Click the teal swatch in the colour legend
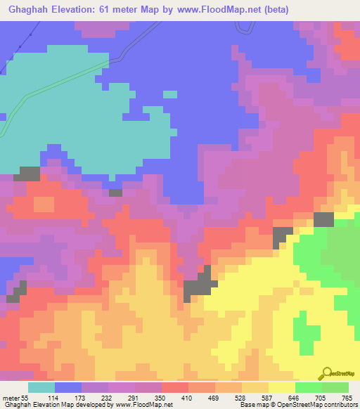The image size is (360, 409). tap(41, 387)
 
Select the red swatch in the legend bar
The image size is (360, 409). tap(174, 387)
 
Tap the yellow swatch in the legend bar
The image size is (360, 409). tap(281, 387)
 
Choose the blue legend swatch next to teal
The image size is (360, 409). tap(67, 387)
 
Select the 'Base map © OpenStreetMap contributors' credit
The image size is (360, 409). tap(297, 404)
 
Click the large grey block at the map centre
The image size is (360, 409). tap(198, 286)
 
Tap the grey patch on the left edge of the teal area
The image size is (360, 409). tap(28, 173)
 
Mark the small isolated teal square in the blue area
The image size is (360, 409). tap(170, 94)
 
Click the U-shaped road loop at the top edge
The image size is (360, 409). tap(244, 27)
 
